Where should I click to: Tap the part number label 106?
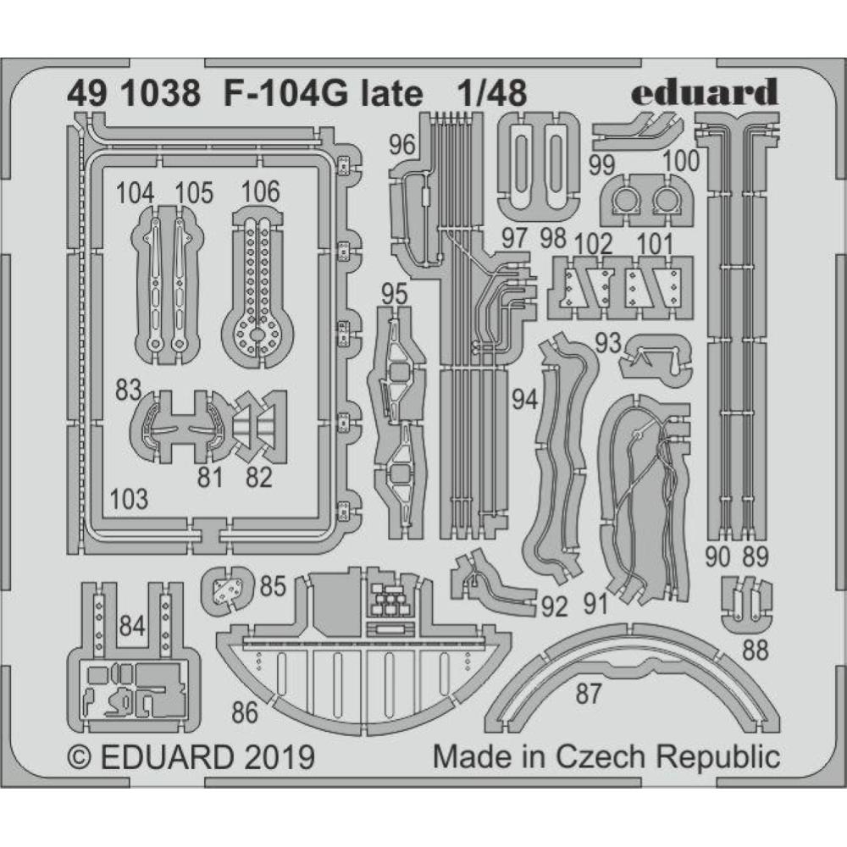click(260, 192)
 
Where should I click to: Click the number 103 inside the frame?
click(129, 498)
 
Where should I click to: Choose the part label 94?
click(525, 400)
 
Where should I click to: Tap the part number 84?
click(132, 628)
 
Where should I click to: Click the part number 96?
click(403, 146)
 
